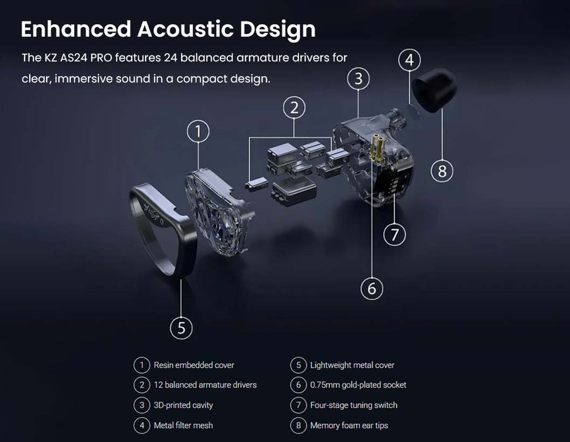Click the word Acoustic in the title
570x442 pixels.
pyautogui.click(x=185, y=29)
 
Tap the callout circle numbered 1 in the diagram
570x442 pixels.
pyautogui.click(x=198, y=132)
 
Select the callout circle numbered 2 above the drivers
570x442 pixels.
pyautogui.click(x=294, y=108)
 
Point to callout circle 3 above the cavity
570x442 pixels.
pyautogui.click(x=358, y=79)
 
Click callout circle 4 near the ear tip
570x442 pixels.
pyautogui.click(x=410, y=60)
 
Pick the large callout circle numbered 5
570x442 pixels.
pyautogui.click(x=181, y=328)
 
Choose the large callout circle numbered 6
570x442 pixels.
pyautogui.click(x=372, y=289)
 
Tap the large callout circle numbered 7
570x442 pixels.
pyautogui.click(x=395, y=234)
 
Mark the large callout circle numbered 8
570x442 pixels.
pyautogui.click(x=442, y=171)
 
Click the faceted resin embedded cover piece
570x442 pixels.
pyautogui.click(x=220, y=211)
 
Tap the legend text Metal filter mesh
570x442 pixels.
pyautogui.click(x=183, y=426)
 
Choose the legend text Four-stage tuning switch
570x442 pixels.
pyautogui.click(x=353, y=405)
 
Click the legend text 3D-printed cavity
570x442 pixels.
pyautogui.click(x=183, y=405)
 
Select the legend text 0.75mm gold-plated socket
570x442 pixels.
pyautogui.click(x=358, y=385)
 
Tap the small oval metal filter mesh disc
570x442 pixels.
pyautogui.click(x=414, y=111)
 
